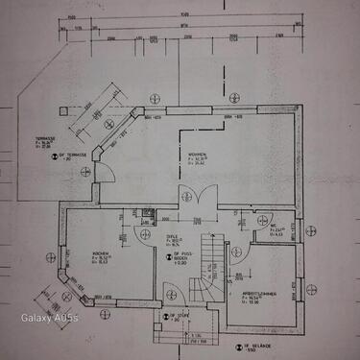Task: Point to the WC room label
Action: [x=276, y=228]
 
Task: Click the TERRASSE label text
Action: [x=45, y=141]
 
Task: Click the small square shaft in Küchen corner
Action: [x=147, y=213]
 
